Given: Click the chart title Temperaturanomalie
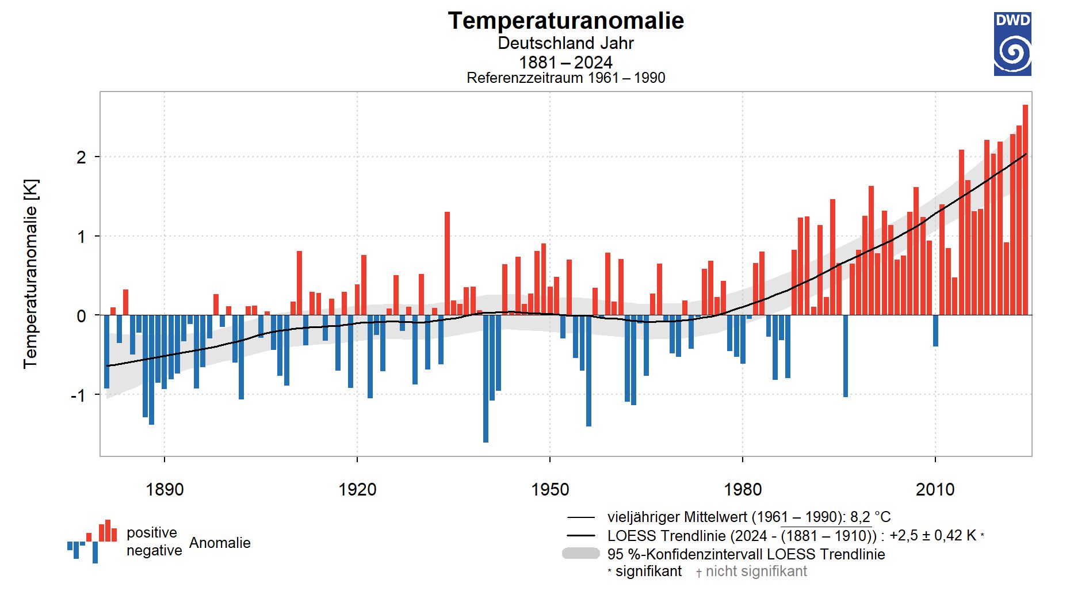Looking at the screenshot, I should [x=565, y=21].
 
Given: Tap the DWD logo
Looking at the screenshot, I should [x=1012, y=44].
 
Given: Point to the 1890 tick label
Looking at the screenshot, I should [x=165, y=490].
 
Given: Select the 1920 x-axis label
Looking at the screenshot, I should [x=357, y=490].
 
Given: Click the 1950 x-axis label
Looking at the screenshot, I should [x=550, y=490].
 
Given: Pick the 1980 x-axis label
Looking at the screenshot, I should [x=743, y=490].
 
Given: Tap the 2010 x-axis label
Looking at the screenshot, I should [x=935, y=490].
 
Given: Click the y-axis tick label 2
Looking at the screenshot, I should [x=81, y=157].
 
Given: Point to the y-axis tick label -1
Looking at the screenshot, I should [x=78, y=395].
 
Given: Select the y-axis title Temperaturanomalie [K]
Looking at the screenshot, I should [x=30, y=274].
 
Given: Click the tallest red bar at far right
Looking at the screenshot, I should [x=1025, y=209].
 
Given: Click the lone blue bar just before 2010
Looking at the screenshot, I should [x=935, y=330].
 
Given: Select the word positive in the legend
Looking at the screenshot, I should [x=152, y=532].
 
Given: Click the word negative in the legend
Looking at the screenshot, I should [x=154, y=551].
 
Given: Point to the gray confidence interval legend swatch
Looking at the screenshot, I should [x=580, y=554].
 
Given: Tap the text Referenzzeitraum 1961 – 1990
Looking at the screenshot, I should [x=565, y=78].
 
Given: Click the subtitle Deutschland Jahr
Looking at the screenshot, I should [x=565, y=43].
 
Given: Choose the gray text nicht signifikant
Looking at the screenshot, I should [x=756, y=571].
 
